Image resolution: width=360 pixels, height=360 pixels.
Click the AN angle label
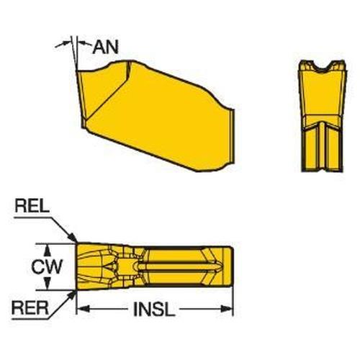click(106, 47)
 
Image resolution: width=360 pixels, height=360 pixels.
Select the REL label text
click(32, 206)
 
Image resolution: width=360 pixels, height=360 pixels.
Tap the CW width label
click(47, 266)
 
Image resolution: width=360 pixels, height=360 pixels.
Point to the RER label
click(30, 308)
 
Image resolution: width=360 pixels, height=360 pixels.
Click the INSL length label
click(154, 310)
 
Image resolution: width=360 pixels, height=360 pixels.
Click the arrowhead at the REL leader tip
click(73, 237)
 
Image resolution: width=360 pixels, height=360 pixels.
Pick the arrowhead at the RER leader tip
click(72, 295)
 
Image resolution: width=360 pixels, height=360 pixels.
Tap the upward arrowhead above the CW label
click(48, 250)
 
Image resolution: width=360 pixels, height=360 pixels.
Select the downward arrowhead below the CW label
click(48, 283)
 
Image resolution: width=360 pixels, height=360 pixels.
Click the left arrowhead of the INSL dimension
click(83, 309)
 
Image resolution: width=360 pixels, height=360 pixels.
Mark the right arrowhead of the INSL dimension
click(227, 309)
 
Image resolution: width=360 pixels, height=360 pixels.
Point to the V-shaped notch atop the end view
click(323, 68)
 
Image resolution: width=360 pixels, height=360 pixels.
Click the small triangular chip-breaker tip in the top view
click(111, 266)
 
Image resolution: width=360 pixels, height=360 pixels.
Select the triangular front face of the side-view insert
click(102, 94)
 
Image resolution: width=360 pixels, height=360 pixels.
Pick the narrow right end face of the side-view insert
click(232, 137)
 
